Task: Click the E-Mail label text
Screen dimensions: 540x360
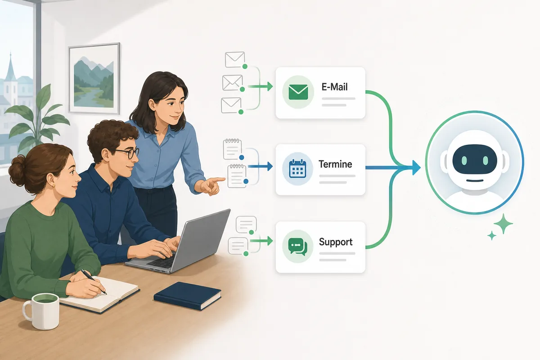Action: pyautogui.click(x=335, y=87)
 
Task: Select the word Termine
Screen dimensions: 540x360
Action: pyautogui.click(x=335, y=164)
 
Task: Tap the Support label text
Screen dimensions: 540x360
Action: pyautogui.click(x=336, y=242)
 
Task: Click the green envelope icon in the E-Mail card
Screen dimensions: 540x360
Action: pyautogui.click(x=298, y=92)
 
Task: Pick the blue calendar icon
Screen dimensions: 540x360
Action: pyautogui.click(x=297, y=169)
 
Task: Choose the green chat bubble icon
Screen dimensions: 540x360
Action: pyautogui.click(x=298, y=246)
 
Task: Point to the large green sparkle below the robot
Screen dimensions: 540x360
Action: pyautogui.click(x=503, y=224)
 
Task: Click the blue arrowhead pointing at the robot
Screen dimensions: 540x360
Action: pyautogui.click(x=416, y=167)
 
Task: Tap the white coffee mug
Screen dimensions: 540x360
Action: pyautogui.click(x=41, y=311)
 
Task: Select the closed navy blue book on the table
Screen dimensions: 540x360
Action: pyautogui.click(x=187, y=296)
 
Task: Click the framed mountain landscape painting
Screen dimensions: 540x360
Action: pyautogui.click(x=94, y=78)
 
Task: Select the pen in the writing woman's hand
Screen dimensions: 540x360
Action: pyautogui.click(x=94, y=282)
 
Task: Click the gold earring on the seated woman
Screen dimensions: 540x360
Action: pyautogui.click(x=54, y=186)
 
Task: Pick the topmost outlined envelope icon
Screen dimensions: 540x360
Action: pyautogui.click(x=235, y=59)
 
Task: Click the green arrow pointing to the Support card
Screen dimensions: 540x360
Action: pyautogui.click(x=261, y=241)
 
